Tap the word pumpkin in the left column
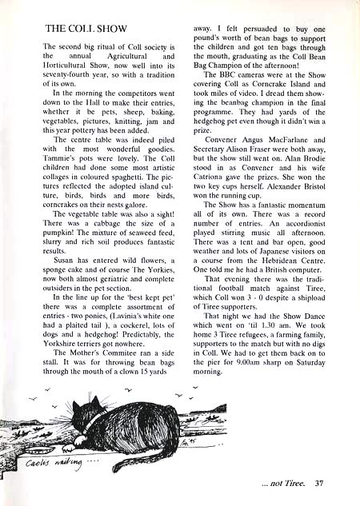click(60, 232)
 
